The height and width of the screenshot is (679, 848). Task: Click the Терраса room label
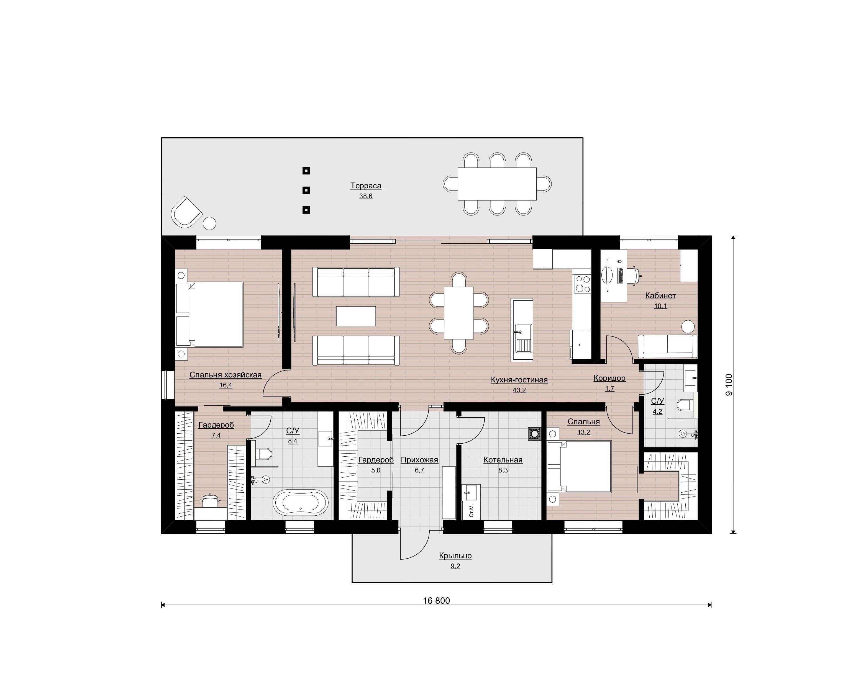[x=365, y=186]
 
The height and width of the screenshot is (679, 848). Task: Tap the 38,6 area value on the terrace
[x=365, y=196]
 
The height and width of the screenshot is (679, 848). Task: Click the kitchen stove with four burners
[x=583, y=284]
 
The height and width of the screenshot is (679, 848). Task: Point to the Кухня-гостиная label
[x=519, y=380]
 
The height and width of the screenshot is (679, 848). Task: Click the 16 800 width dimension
[x=437, y=601]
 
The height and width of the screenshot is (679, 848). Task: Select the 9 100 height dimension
[x=729, y=385]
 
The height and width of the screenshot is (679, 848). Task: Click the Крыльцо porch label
[x=455, y=555]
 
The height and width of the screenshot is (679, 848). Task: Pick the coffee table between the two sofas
[x=356, y=316]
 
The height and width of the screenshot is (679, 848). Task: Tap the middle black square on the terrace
[x=306, y=190]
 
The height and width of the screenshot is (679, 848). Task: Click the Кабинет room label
[x=660, y=296]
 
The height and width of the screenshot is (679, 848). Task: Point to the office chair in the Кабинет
[x=634, y=274]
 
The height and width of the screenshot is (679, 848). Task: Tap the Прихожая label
[x=419, y=460]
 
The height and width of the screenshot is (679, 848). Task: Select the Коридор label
[x=609, y=378]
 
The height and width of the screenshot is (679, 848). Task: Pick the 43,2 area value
[x=519, y=390]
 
